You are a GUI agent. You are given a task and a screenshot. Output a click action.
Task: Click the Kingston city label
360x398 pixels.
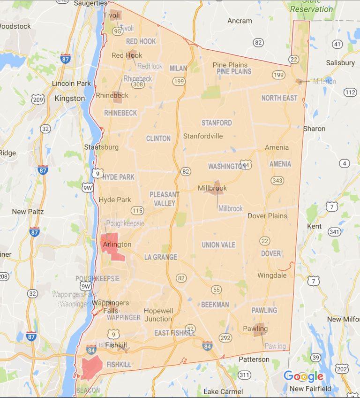70,99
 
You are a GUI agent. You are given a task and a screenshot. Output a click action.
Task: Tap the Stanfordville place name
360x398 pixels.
203,136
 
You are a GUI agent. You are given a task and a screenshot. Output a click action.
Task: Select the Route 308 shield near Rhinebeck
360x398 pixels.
138,85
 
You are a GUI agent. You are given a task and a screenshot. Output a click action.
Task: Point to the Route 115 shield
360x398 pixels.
137,210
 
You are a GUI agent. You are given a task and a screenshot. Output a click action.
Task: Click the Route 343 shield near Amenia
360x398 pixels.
277,181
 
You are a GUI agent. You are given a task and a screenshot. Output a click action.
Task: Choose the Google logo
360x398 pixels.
303,376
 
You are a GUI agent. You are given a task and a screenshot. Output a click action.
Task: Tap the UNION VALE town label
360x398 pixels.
218,245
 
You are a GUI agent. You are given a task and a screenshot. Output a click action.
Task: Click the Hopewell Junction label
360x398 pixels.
158,315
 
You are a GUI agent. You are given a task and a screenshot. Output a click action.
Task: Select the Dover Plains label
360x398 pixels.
267,216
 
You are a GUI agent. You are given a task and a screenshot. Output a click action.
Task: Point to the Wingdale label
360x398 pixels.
272,276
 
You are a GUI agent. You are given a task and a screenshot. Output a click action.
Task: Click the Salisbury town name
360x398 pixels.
340,63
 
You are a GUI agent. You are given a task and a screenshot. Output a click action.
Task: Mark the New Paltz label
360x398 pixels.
28,212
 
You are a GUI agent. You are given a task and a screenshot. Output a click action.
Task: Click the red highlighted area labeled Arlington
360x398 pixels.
114,245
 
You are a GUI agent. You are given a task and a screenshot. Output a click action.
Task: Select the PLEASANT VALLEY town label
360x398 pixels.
164,199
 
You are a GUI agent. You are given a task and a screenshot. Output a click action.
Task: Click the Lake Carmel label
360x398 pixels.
223,391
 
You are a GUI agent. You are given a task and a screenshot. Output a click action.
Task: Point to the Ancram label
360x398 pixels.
240,21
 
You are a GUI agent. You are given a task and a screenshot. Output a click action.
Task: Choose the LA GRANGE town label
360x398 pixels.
161,257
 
